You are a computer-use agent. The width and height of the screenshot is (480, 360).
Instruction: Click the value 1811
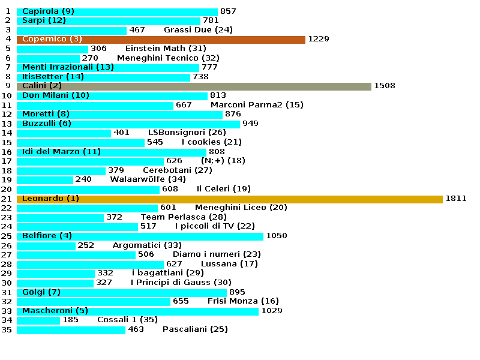[455, 199]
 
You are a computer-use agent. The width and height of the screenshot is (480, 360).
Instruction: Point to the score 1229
[319, 39]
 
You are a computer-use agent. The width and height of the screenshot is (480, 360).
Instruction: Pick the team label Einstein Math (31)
[166, 49]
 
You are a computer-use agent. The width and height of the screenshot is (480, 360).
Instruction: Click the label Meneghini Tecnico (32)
[168, 58]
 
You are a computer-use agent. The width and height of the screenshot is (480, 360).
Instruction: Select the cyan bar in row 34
[38, 320]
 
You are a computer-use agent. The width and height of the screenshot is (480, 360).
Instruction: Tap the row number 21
[7, 199]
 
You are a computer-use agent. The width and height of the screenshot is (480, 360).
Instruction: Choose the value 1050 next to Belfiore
[277, 236]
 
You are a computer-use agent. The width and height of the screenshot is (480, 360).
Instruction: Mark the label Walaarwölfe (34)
[148, 179]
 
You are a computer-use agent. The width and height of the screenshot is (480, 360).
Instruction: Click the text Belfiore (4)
[47, 236]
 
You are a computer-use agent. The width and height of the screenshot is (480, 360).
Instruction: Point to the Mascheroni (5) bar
[138, 311]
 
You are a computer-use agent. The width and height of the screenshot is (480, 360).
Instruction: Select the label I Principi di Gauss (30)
[181, 283]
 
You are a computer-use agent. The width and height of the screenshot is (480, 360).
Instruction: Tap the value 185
[70, 320]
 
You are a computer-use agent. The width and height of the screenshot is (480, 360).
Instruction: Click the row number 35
[7, 329]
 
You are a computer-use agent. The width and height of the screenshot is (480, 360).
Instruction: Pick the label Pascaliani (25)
[195, 329]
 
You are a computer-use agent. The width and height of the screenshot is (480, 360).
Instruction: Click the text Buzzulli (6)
[47, 124]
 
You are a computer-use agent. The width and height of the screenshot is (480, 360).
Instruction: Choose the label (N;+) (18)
[223, 161]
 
